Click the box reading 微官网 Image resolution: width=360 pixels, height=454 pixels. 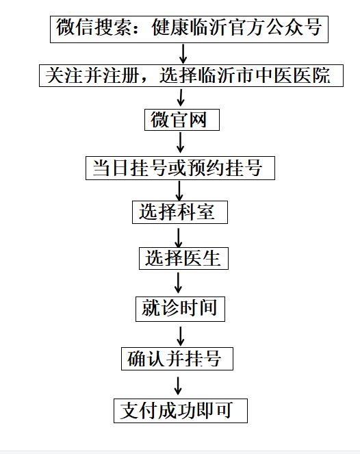(182, 120)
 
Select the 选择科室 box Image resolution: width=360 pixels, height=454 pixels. (180, 212)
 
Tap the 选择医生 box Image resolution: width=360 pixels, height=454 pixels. (183, 258)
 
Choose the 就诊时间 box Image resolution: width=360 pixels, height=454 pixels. (180, 309)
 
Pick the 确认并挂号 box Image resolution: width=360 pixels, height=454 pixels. (177, 359)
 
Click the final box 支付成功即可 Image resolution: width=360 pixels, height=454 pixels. (181, 411)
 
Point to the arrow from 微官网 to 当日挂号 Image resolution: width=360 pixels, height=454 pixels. (180, 142)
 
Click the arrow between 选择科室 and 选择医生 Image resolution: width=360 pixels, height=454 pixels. (179, 238)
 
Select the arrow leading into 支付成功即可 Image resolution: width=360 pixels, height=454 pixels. (178, 386)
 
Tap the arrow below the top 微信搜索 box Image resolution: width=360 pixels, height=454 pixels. (183, 54)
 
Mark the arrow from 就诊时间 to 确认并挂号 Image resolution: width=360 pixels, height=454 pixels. (180, 336)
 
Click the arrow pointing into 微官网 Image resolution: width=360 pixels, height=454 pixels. (181, 97)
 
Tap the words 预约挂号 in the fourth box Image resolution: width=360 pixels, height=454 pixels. (225, 168)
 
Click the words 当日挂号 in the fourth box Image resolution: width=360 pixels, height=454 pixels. (129, 168)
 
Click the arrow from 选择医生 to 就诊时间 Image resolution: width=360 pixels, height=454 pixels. (178, 283)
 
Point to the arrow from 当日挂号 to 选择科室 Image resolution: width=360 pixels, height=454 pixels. (179, 191)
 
